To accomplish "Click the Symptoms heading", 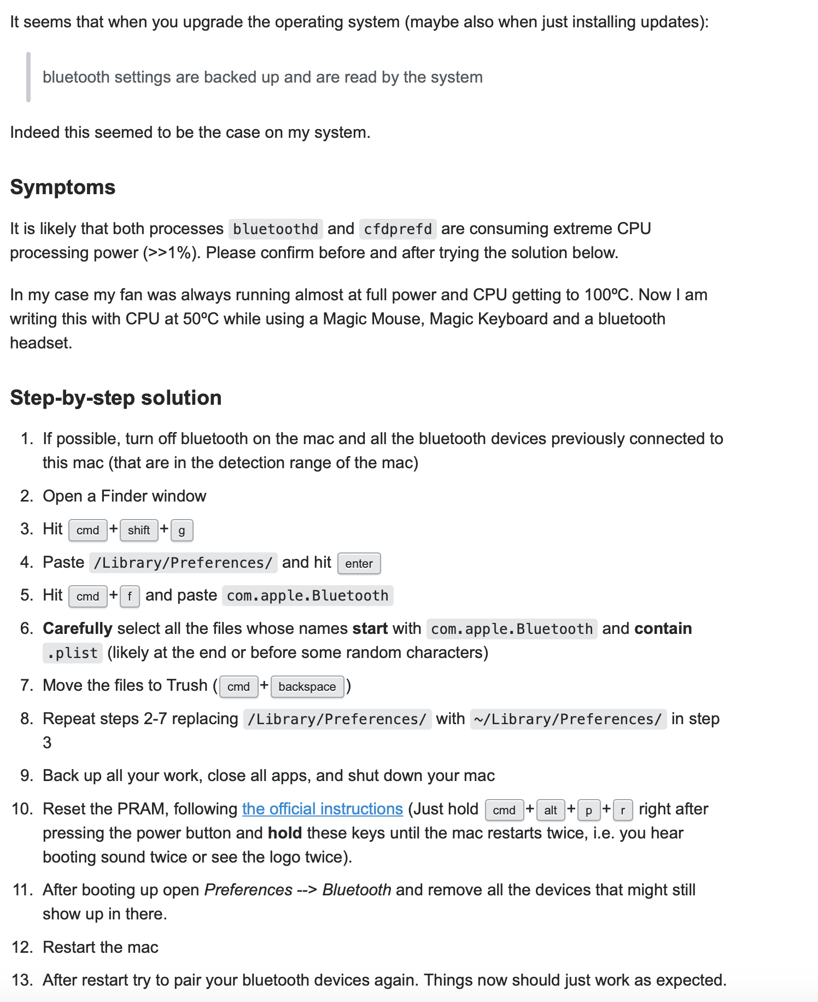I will tap(63, 188).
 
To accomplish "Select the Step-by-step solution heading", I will tap(116, 398).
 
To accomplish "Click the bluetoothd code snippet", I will tap(276, 229).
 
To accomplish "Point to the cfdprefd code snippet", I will tap(398, 229).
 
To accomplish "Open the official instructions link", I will tap(323, 809).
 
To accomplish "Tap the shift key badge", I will tap(139, 530).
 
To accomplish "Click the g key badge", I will tap(182, 530).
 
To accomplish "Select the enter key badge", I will tap(359, 563).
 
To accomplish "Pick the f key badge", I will tap(130, 596).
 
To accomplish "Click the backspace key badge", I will tap(307, 686).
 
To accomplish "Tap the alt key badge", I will tap(550, 810).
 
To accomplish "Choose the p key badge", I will tap(588, 810).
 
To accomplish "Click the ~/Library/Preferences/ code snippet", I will tap(568, 719).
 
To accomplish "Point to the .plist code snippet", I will tap(73, 653).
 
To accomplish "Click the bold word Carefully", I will tap(78, 628).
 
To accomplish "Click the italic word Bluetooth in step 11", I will tap(357, 890).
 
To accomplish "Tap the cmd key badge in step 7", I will tap(238, 686).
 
